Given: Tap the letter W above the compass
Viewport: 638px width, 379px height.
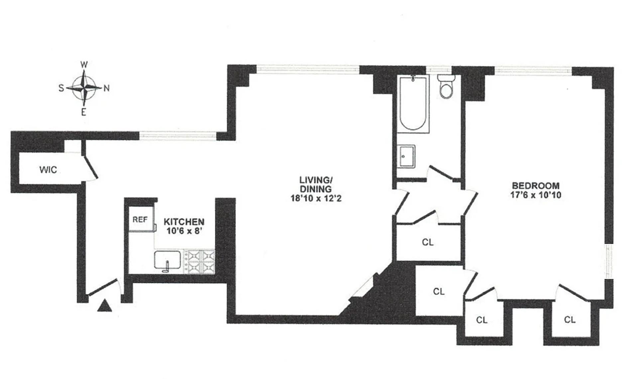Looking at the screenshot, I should (84, 64).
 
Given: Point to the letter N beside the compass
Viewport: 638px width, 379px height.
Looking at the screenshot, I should (107, 88).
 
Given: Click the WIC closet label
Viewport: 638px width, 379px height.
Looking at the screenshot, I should (48, 170).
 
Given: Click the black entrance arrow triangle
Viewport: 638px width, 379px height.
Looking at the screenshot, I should (105, 306).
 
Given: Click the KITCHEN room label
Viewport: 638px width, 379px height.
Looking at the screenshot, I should (184, 222).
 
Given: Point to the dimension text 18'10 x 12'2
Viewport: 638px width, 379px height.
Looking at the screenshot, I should (316, 198).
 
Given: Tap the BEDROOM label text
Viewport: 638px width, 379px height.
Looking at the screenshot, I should (536, 186).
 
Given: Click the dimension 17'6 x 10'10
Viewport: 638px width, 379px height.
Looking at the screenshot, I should (536, 195).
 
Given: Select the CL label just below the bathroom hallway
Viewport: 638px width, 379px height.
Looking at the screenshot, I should (428, 242).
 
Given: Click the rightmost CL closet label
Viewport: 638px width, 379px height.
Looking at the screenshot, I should (570, 319).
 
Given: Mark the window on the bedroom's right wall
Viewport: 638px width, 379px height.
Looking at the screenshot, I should (608, 261).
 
